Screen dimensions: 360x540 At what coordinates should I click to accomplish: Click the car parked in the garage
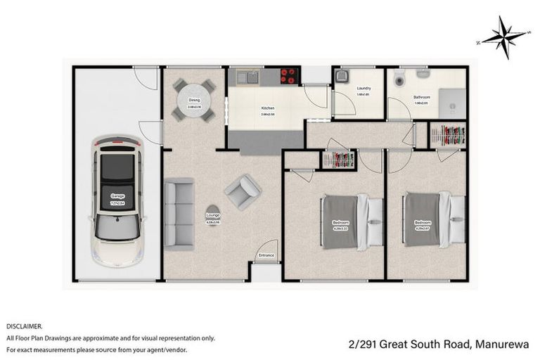pos(117,200)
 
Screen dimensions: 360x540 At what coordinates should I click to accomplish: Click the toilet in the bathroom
pos(399,75)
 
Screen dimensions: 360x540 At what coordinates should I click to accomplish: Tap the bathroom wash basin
pos(423,73)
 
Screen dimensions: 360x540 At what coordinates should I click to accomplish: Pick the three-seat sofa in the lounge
pos(179,214)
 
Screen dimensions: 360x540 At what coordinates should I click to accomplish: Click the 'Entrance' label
pos(266,255)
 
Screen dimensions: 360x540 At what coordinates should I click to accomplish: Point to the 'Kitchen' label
pos(267,108)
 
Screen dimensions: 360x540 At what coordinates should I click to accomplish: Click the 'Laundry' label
pos(363,88)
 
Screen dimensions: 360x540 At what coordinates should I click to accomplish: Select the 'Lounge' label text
pos(211,215)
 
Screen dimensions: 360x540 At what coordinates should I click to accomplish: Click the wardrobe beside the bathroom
pos(447,134)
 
